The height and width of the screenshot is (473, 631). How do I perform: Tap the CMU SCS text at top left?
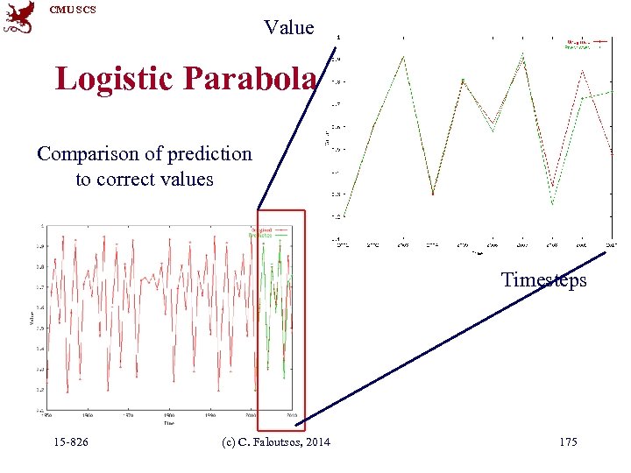click(73, 10)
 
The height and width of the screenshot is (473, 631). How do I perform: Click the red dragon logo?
click(19, 18)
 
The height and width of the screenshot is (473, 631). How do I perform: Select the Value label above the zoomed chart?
click(289, 28)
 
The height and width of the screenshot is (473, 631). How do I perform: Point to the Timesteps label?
click(543, 279)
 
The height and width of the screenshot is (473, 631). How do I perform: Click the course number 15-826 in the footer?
click(70, 442)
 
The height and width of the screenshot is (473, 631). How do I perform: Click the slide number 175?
click(568, 442)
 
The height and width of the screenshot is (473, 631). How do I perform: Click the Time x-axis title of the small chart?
click(167, 422)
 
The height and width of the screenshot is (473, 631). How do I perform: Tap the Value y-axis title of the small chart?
click(32, 320)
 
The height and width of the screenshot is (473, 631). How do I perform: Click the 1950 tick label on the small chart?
click(48, 415)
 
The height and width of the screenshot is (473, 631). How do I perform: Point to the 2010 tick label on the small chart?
click(293, 415)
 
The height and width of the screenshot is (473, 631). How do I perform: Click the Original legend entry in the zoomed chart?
click(578, 41)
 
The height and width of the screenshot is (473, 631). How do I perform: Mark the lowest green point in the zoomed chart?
click(552, 205)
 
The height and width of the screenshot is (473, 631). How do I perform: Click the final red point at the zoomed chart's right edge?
click(612, 154)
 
